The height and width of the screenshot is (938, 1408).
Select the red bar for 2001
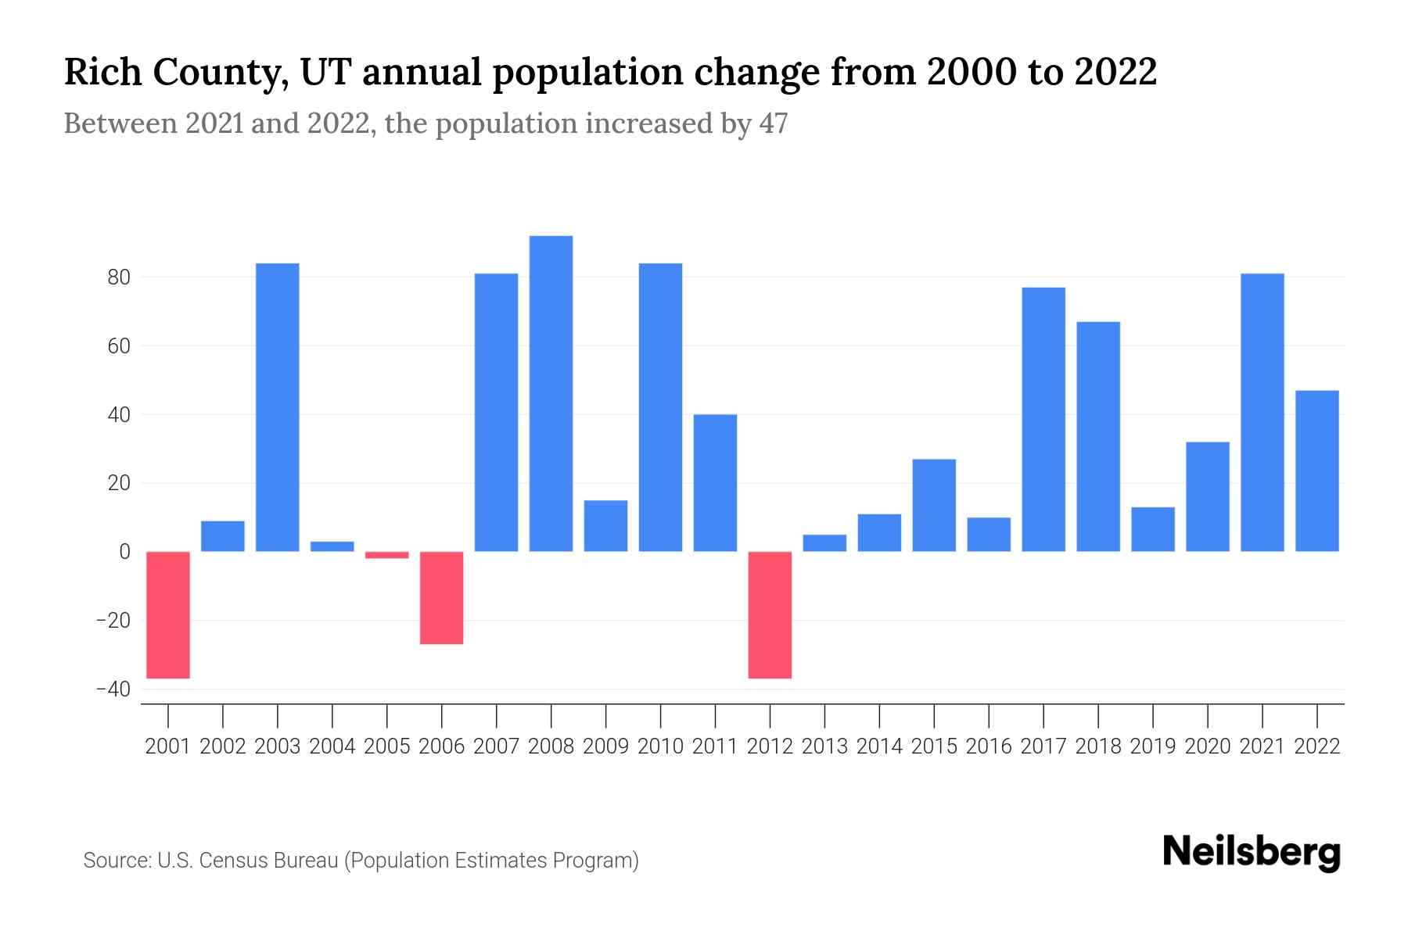click(x=168, y=614)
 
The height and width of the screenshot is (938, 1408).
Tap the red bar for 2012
click(x=770, y=614)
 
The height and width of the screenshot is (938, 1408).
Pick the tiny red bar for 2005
click(x=387, y=555)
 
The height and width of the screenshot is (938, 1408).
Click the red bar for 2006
click(x=442, y=597)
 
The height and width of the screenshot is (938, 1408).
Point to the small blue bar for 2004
click(x=332, y=546)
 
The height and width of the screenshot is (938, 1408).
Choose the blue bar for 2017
click(x=1043, y=419)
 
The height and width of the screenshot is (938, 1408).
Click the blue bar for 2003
click(x=278, y=407)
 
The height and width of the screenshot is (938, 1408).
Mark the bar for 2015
click(x=934, y=505)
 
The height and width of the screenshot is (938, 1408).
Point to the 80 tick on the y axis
click(x=114, y=277)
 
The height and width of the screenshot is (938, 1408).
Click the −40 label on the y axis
click(x=113, y=689)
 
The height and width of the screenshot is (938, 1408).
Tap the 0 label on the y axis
click(x=124, y=552)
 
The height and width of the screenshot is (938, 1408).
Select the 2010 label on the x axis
click(x=660, y=746)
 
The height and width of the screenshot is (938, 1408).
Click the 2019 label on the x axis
click(x=1153, y=746)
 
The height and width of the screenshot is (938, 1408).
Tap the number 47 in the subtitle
click(x=773, y=124)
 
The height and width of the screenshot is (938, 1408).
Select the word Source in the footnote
click(x=116, y=861)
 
